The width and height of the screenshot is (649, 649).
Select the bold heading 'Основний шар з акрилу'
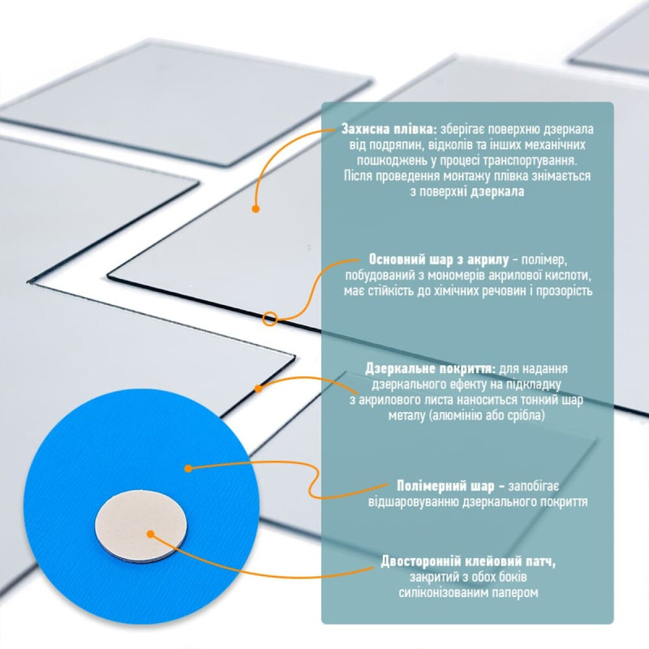pos(439,260)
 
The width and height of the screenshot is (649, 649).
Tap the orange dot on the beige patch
pos(150,533)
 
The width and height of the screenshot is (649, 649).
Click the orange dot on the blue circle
pos(187,468)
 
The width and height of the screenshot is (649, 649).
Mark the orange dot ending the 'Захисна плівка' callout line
pos(256,208)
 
